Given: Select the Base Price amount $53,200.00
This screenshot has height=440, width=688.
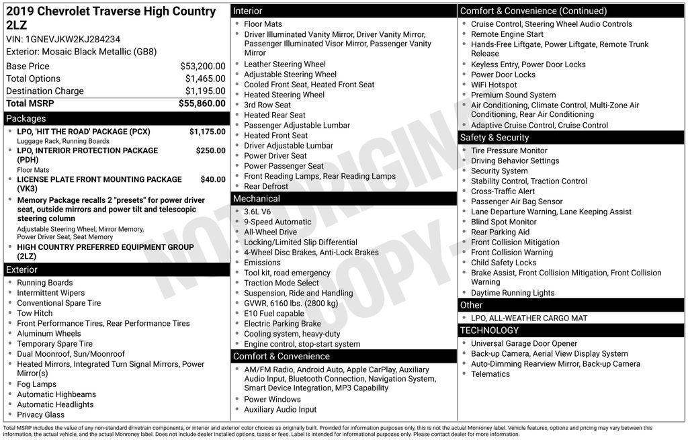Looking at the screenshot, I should click(202, 67).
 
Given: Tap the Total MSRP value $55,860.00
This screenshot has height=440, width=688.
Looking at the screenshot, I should click(202, 103).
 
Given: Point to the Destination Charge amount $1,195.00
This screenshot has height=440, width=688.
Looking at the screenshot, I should click(205, 91).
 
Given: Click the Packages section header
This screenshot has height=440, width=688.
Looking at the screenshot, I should click(26, 119).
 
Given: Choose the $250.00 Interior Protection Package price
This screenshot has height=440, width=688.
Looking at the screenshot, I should click(210, 151).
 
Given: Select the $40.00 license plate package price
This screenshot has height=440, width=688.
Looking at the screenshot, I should click(213, 180).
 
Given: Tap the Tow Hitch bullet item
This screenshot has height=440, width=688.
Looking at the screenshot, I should click(35, 314).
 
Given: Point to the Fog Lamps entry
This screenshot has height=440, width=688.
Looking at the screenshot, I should click(37, 385).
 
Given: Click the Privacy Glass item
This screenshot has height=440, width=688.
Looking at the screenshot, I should click(41, 415).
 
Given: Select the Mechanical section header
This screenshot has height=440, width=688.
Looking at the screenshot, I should click(256, 199).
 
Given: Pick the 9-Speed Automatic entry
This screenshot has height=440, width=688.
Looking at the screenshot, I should click(277, 222).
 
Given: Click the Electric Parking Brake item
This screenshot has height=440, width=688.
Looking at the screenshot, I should click(282, 324).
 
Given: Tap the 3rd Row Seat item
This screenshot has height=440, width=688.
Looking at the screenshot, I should click(267, 105).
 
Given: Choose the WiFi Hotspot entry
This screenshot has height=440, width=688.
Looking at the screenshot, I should click(494, 85).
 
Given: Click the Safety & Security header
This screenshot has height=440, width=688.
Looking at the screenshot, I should click(494, 138).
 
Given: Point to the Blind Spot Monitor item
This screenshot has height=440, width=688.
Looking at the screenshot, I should click(504, 222).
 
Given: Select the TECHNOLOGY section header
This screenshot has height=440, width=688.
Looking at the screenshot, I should click(489, 331).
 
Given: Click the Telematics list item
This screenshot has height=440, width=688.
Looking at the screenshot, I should click(490, 374).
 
